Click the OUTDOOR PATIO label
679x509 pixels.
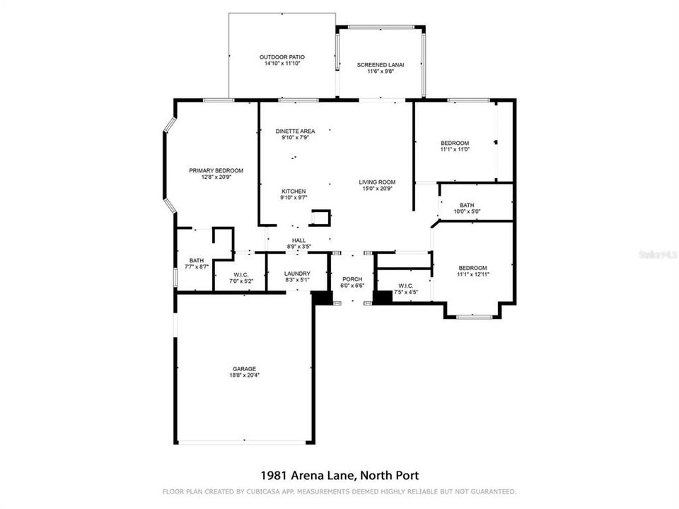pyautogui.click(x=282, y=57)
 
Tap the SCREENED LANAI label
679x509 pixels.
pyautogui.click(x=380, y=65)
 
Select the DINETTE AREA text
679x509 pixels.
pyautogui.click(x=295, y=131)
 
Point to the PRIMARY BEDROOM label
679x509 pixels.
pyautogui.click(x=216, y=170)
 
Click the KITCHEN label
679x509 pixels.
pyautogui.click(x=294, y=192)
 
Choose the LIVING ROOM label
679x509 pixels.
pyautogui.click(x=377, y=182)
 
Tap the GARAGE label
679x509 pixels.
pyautogui.click(x=244, y=368)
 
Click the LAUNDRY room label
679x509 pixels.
pyautogui.click(x=297, y=274)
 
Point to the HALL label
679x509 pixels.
pyautogui.click(x=298, y=240)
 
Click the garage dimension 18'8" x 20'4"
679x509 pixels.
pyautogui.click(x=244, y=375)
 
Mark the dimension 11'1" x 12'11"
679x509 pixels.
pyautogui.click(x=473, y=274)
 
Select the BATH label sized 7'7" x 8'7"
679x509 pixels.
pyautogui.click(x=196, y=260)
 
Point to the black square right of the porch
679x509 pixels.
pyautogui.click(x=382, y=298)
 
